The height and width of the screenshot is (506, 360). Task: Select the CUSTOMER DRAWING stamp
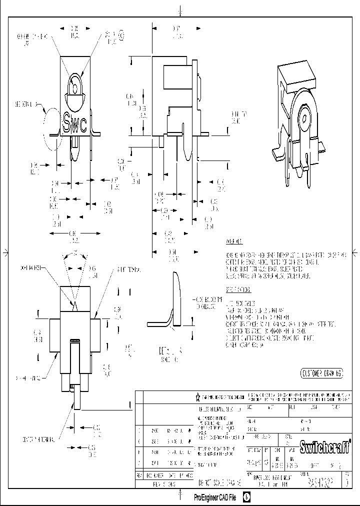(x=321, y=373)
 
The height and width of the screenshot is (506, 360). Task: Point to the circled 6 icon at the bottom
(x=247, y=497)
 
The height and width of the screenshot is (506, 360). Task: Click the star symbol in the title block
(x=197, y=397)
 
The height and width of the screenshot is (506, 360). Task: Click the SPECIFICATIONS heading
(x=238, y=289)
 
